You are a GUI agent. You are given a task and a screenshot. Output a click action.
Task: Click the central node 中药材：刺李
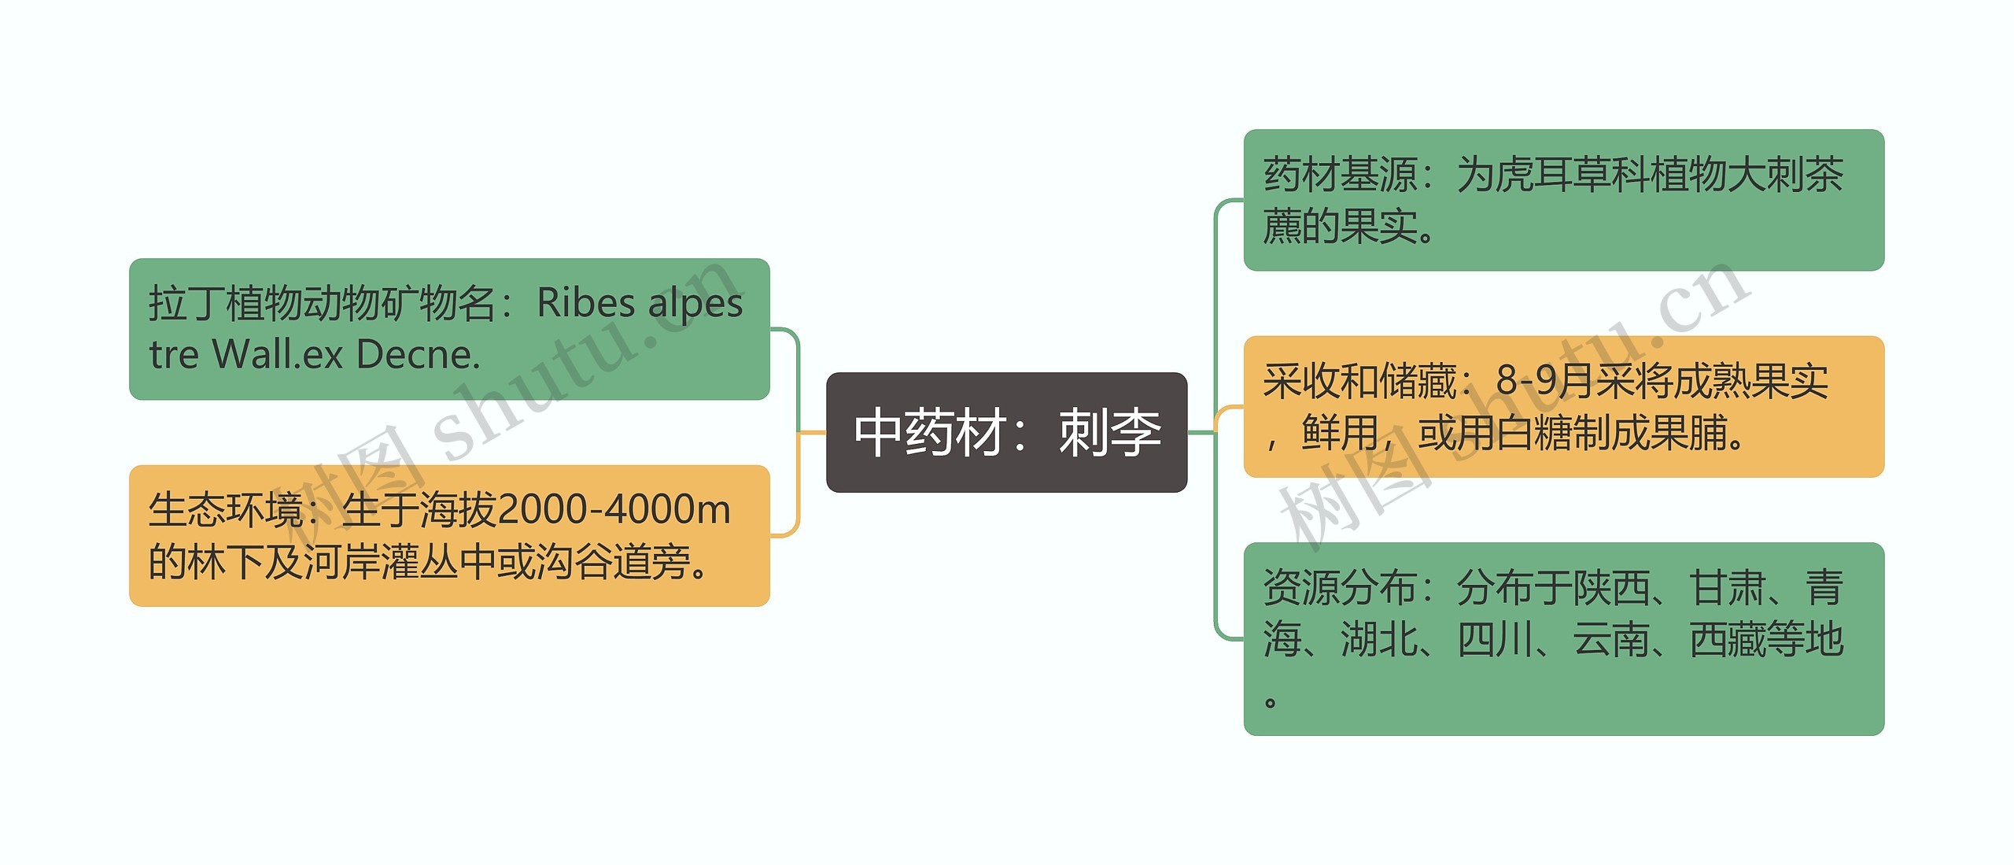coord(1006,433)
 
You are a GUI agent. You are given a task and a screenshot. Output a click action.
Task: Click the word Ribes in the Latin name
coord(585,303)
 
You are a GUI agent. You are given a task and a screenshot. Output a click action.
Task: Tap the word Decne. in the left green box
coord(418,355)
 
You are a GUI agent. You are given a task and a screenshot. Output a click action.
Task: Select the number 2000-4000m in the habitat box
coord(614,510)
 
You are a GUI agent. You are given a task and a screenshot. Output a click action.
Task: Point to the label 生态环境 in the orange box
coord(225,510)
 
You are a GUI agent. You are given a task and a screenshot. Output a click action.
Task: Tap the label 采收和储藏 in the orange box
coord(1359,381)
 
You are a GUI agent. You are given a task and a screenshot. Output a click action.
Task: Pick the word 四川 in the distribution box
coord(1495,639)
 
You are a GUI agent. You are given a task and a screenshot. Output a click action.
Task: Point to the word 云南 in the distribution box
coord(1611,639)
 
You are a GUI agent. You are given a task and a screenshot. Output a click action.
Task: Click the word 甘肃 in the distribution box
coord(1727,588)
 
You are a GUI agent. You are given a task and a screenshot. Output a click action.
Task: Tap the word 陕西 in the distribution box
coord(1611,588)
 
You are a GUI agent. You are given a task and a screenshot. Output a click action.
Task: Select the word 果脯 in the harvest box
coord(1688,433)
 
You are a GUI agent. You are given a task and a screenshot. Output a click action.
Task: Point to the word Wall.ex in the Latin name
coord(277,355)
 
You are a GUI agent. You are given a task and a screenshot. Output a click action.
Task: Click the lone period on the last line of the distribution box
coord(1270,701)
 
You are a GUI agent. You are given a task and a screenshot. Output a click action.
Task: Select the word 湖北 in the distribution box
coord(1378,639)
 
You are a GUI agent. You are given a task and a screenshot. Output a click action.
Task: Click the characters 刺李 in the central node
coord(1109,433)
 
